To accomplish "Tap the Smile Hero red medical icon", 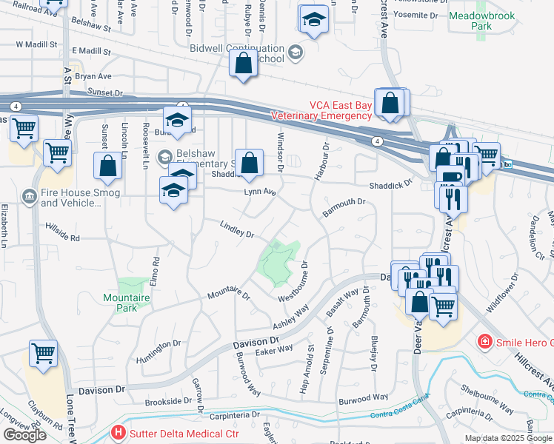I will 484,342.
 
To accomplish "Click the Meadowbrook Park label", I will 470,20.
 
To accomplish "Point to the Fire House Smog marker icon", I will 30,195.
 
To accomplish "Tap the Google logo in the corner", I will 24,435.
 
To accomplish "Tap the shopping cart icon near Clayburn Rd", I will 44,353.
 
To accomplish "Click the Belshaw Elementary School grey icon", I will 164,156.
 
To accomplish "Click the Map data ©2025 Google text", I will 508,438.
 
